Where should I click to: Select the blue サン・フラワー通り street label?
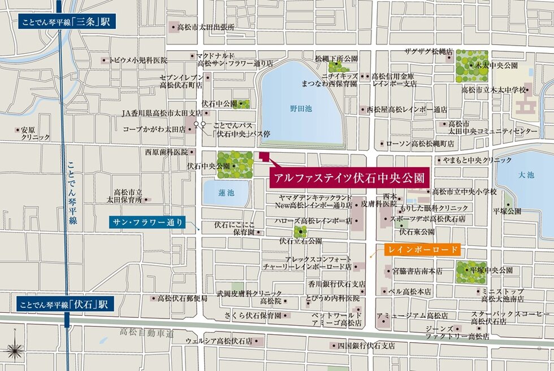point(147,222)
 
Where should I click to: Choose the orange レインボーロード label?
point(422,249)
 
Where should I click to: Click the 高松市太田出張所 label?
point(206,27)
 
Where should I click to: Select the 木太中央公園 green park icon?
point(471,66)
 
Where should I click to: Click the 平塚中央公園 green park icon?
point(470,271)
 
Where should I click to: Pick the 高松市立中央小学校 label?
point(462,193)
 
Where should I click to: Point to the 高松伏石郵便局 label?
point(182,298)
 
